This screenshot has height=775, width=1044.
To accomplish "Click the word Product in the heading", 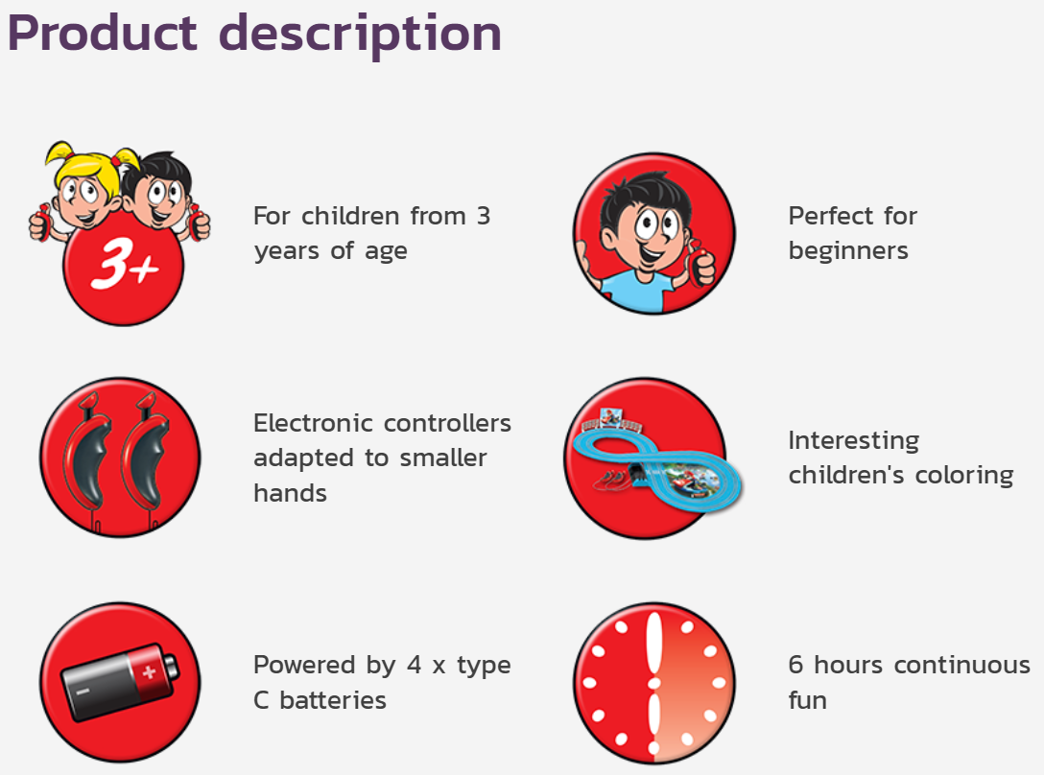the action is click(x=103, y=33).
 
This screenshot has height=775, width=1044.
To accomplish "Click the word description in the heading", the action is click(x=360, y=35).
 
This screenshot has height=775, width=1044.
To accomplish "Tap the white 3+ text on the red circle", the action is click(x=125, y=264).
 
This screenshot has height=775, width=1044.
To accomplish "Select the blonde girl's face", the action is click(x=84, y=197).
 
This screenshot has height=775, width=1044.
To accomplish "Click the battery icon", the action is click(x=120, y=681).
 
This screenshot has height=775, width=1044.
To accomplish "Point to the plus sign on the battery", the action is click(x=149, y=671).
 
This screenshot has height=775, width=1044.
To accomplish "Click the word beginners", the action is click(x=848, y=251).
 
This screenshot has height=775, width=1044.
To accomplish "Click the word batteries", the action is click(x=333, y=700).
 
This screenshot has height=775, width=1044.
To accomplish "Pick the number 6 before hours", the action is click(x=795, y=665).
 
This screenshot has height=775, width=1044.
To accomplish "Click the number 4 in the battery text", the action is click(x=415, y=665).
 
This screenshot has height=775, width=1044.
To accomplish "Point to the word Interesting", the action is click(x=854, y=441).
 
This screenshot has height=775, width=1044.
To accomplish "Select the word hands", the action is click(x=291, y=493).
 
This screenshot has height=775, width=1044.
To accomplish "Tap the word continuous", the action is click(x=962, y=665).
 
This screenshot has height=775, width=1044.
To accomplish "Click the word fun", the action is click(x=808, y=700).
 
